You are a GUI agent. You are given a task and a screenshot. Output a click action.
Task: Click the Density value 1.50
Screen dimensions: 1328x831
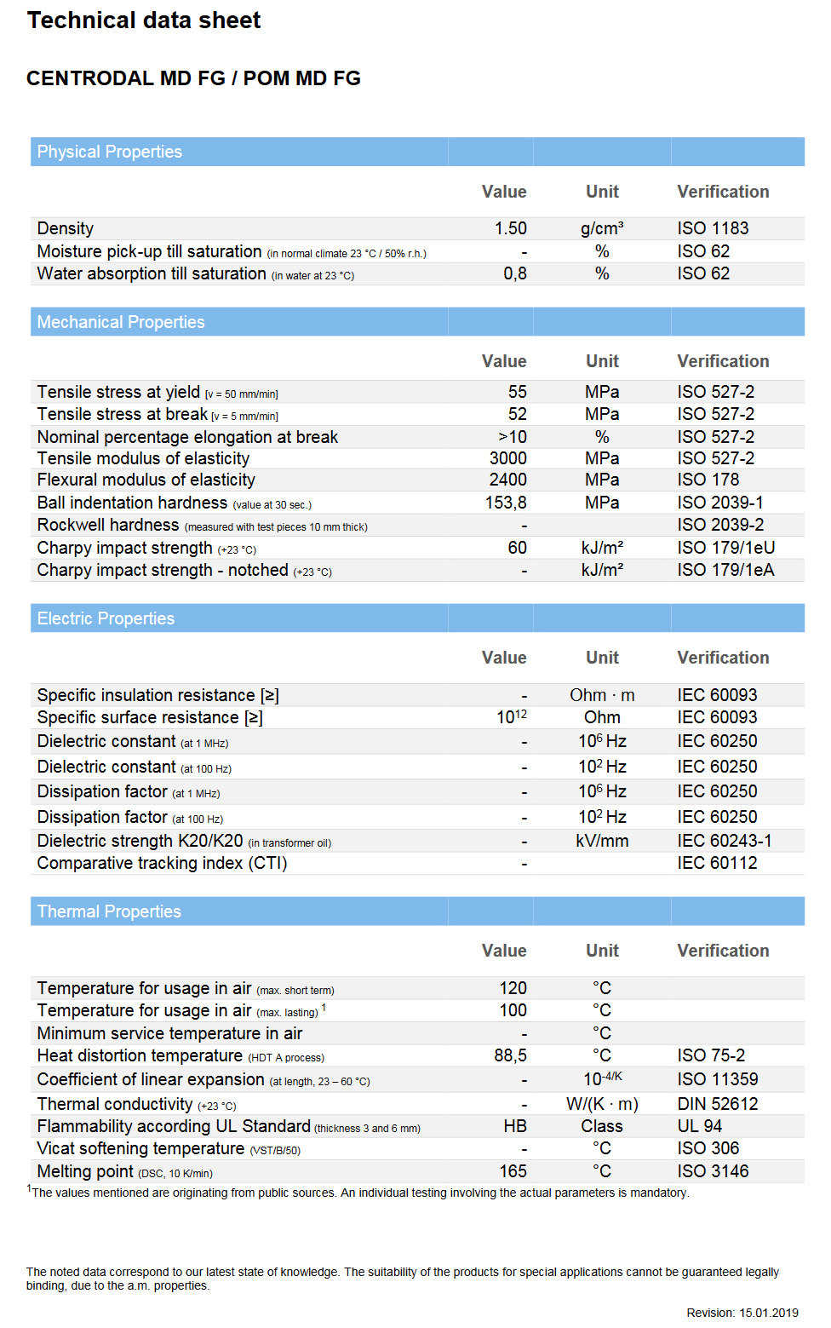tap(510, 228)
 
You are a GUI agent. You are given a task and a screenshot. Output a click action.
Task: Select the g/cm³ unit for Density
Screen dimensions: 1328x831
tap(602, 228)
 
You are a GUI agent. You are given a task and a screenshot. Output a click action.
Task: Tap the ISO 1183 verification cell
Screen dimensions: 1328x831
tap(713, 228)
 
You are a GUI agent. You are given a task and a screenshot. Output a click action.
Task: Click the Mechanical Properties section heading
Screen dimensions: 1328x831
tap(121, 322)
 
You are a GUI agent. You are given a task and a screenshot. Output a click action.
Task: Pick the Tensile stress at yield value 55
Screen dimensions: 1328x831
tap(517, 392)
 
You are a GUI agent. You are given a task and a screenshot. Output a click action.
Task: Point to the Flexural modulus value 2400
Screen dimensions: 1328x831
tap(507, 480)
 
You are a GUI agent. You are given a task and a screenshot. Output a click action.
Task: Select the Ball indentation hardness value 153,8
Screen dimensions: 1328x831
tap(506, 503)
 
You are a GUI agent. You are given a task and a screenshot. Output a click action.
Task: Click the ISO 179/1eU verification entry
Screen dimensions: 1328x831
tap(725, 548)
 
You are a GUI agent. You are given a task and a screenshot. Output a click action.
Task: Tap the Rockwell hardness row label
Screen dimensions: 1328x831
tap(108, 525)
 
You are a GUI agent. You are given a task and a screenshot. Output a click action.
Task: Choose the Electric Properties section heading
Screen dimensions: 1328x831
tap(106, 618)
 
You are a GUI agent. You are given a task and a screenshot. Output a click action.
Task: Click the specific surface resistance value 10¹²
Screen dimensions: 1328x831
tap(512, 717)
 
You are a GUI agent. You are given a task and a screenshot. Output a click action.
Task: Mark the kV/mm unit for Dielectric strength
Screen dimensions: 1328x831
tap(602, 841)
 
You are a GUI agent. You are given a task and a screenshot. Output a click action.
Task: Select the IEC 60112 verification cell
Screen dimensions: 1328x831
tap(717, 863)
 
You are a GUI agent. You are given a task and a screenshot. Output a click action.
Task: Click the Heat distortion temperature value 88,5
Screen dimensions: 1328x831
tap(510, 1055)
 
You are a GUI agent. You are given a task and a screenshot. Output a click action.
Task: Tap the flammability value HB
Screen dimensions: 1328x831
tap(514, 1126)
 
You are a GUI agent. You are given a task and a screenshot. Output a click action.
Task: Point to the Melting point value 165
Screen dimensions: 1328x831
tap(513, 1171)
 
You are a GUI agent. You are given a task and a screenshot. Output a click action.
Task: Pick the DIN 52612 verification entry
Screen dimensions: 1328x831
tap(718, 1104)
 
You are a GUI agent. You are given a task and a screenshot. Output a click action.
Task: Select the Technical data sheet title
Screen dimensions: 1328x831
tap(144, 20)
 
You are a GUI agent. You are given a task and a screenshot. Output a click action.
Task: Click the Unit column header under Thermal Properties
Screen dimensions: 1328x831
tap(602, 951)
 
